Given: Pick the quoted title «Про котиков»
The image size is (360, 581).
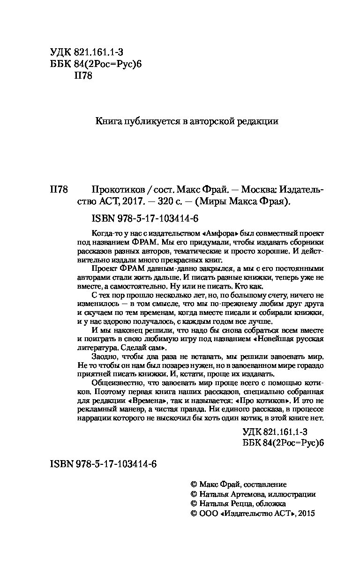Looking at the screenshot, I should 263,401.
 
